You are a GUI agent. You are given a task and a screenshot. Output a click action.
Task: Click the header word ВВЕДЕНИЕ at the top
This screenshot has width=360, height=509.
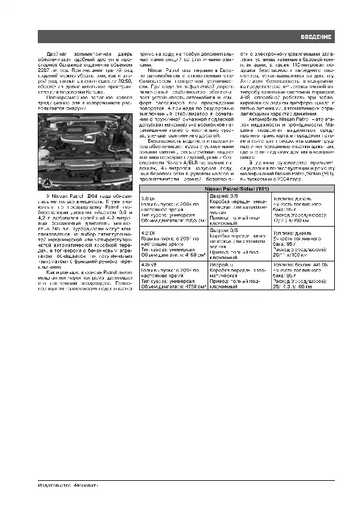[x=316, y=38]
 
